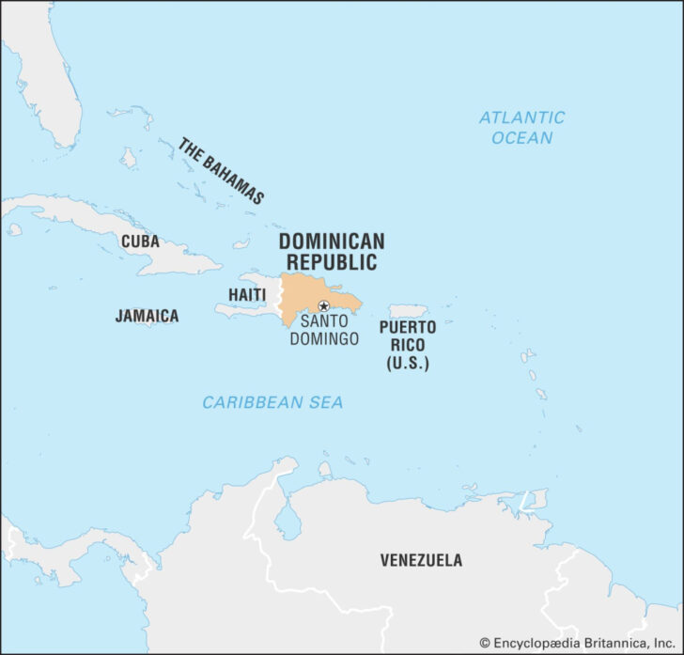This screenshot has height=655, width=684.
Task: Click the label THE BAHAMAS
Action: coord(222,171)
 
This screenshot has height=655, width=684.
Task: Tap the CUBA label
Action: coord(139,242)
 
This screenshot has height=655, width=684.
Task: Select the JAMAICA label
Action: coord(147,316)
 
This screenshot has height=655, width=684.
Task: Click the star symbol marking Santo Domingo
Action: coord(323,306)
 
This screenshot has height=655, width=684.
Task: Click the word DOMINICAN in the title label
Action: coord(331,241)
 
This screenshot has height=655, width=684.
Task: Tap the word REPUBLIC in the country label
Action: coord(331,262)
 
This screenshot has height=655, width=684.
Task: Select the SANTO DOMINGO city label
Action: coord(323,330)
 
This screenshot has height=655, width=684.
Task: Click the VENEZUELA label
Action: coord(421,560)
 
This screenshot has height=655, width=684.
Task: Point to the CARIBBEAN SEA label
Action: coord(272,402)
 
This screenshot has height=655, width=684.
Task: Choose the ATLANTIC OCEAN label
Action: coord(521,128)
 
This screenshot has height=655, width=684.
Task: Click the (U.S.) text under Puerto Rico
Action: coord(407,363)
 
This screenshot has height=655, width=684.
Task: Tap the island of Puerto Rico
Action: coord(409,310)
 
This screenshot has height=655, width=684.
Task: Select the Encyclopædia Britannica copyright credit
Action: coord(577,643)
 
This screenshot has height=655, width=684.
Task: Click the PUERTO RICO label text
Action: coord(407,335)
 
